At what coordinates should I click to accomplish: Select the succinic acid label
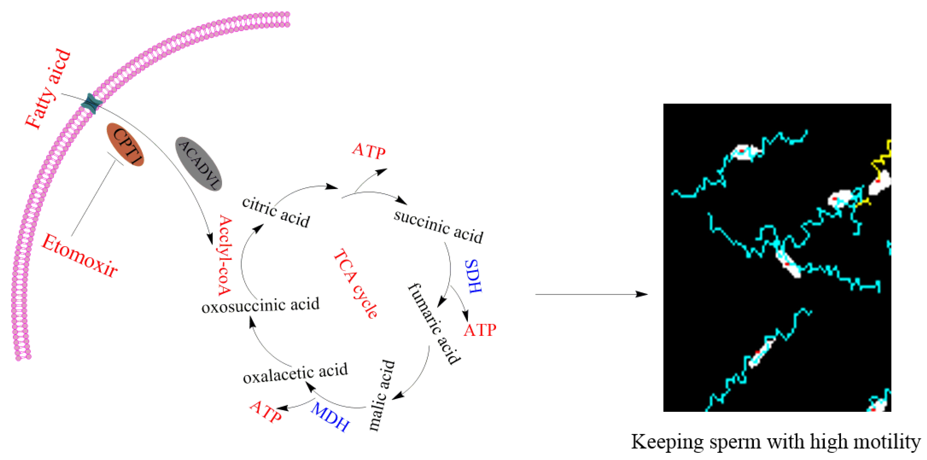tap(438, 226)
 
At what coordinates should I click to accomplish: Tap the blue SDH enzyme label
tap(473, 276)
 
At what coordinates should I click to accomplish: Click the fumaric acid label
tap(434, 324)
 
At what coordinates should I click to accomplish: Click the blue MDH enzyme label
tap(330, 417)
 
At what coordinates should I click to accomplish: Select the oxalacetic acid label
tap(295, 373)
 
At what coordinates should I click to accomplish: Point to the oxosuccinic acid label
tap(260, 306)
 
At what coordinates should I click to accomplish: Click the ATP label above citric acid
tap(369, 151)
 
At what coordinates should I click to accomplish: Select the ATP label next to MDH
tap(266, 412)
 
